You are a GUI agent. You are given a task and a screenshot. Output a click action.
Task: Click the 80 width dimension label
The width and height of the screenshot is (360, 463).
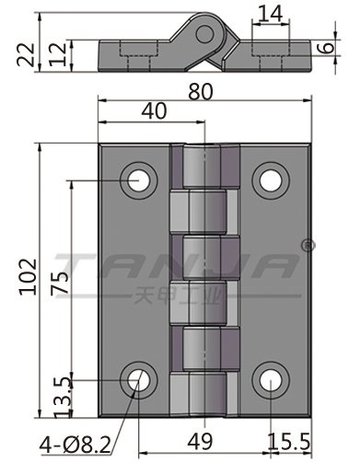pyautogui.click(x=201, y=92)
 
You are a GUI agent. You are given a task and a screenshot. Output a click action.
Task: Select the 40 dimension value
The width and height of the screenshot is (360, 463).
pyautogui.click(x=154, y=111)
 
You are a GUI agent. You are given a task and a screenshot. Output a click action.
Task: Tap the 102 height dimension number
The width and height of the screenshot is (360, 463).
pyautogui.click(x=29, y=277)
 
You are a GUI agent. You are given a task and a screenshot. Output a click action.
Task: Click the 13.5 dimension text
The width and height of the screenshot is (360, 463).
pyautogui.click(x=63, y=398)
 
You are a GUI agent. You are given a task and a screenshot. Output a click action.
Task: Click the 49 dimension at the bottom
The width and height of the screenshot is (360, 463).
pyautogui.click(x=200, y=442)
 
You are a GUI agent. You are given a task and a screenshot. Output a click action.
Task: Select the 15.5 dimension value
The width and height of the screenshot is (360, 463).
pyautogui.click(x=289, y=442)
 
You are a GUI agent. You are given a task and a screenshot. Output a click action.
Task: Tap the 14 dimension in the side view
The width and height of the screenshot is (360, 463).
pyautogui.click(x=270, y=14)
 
